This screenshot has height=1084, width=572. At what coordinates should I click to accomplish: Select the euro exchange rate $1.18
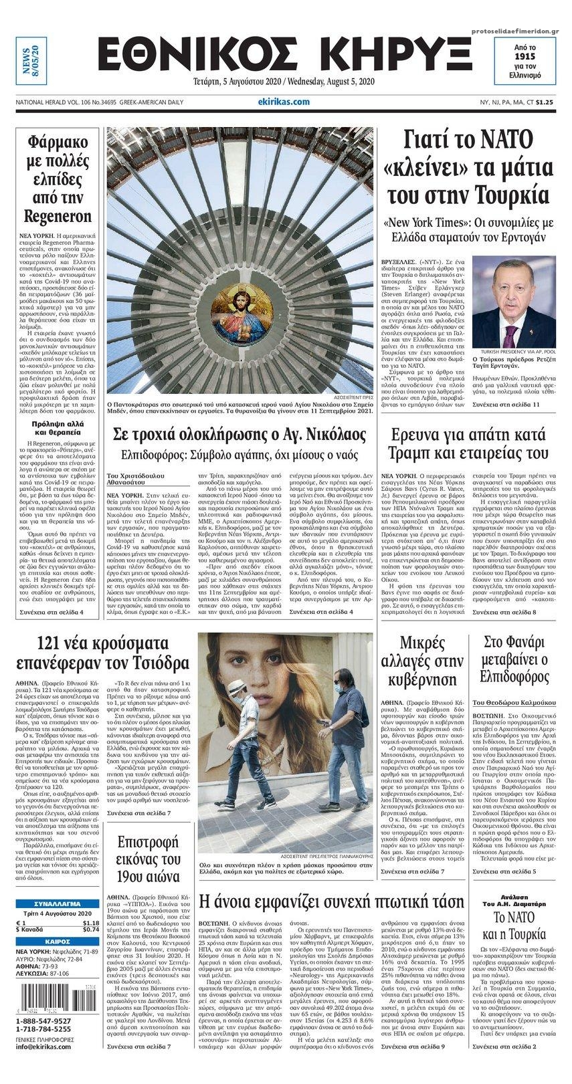tap(91, 922)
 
